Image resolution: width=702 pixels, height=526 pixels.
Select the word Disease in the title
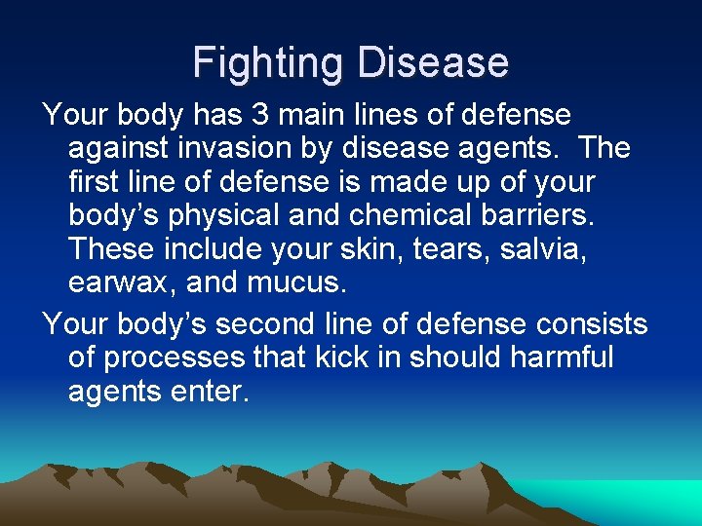tap(433, 63)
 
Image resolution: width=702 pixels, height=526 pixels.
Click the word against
tap(116, 149)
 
